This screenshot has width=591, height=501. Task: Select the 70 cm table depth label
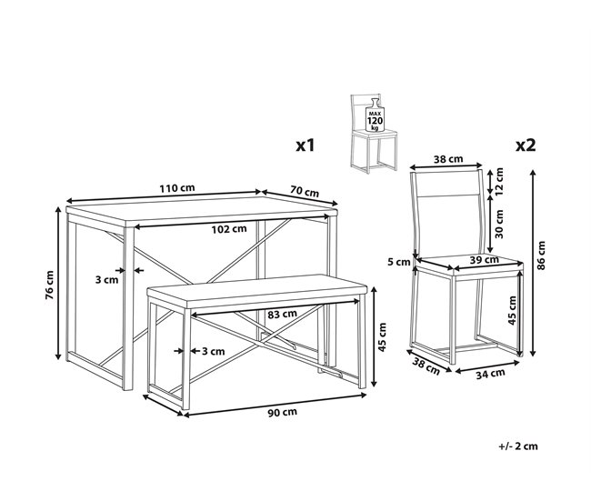305,193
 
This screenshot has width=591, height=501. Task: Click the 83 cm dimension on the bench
283,314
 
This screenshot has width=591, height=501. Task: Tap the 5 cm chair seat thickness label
398,263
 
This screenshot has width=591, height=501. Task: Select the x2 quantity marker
525,145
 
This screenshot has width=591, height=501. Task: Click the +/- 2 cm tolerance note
517,471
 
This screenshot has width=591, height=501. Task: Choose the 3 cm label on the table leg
106,280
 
